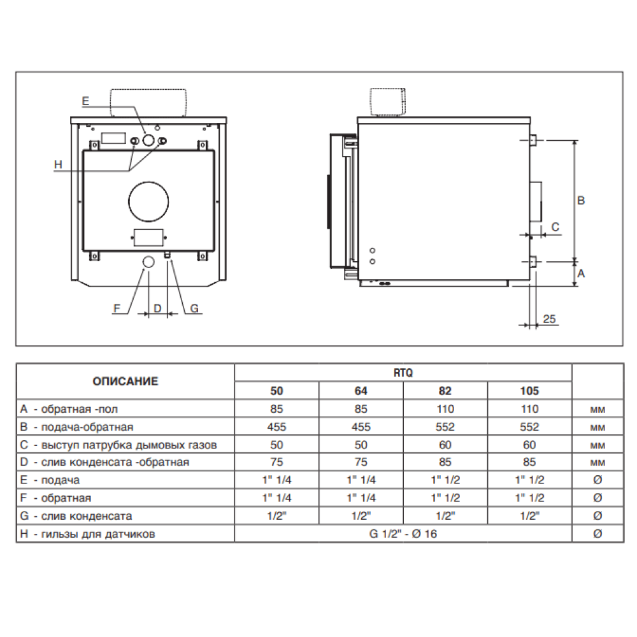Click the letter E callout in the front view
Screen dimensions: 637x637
(x=85, y=101)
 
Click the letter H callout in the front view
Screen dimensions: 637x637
(x=58, y=164)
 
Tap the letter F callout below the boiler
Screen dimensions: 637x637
(x=117, y=308)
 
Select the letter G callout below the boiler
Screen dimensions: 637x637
(x=194, y=308)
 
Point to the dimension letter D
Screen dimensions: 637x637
(x=157, y=308)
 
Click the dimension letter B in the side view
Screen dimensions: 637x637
(x=581, y=200)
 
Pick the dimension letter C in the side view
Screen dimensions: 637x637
(x=555, y=227)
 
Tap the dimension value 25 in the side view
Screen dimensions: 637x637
(x=549, y=319)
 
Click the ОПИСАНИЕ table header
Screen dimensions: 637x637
(x=125, y=381)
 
